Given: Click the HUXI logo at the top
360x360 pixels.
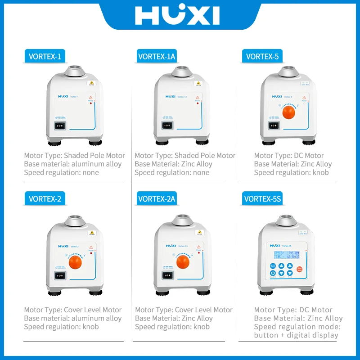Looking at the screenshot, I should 177,15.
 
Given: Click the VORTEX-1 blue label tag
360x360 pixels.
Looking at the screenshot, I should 45,57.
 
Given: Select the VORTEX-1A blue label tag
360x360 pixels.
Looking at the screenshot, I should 156,57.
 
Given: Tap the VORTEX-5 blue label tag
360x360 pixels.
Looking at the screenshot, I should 262,57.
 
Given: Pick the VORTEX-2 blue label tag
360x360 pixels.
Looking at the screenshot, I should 45,198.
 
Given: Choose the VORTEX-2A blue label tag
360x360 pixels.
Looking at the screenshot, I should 156,198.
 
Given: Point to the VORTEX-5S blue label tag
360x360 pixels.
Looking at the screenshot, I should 262,198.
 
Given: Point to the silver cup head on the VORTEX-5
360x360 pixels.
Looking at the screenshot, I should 288,72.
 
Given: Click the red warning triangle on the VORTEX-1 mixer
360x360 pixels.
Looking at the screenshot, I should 90,97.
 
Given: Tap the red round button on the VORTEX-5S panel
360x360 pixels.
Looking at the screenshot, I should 300,269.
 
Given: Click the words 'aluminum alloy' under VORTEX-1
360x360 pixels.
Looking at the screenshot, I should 95,164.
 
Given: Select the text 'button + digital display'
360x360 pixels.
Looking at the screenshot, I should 296,335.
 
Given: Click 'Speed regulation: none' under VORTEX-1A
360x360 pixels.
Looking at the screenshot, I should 172,173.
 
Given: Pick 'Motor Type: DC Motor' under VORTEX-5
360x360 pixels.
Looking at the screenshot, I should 289,156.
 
